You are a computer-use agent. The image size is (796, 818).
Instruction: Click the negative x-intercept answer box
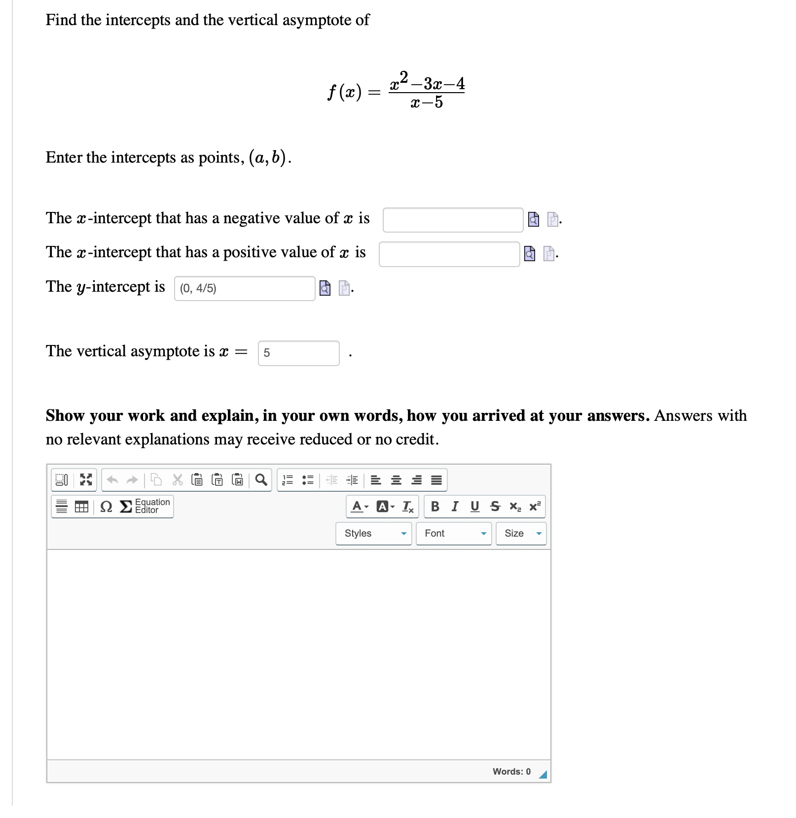(453, 220)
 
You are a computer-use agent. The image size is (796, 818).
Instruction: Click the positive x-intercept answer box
(449, 254)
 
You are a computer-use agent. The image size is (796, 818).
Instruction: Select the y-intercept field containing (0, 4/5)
(244, 288)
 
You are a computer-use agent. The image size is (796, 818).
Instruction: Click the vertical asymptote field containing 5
(298, 353)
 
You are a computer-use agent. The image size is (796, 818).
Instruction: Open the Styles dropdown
(373, 534)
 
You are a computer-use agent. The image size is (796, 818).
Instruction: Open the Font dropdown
(453, 534)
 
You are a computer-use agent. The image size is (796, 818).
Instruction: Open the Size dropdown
(521, 534)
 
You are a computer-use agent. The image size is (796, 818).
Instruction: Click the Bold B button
(435, 507)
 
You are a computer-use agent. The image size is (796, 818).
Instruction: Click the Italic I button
(455, 507)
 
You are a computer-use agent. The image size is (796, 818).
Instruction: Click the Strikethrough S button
(495, 507)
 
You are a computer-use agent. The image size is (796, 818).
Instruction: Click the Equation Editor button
(146, 506)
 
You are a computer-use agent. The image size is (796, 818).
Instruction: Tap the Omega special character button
(106, 507)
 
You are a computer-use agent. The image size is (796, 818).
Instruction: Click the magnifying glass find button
(261, 479)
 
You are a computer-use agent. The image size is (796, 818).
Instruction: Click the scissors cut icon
(177, 479)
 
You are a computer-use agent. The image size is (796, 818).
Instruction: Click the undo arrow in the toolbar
(112, 479)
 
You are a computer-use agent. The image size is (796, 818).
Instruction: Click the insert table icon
(81, 507)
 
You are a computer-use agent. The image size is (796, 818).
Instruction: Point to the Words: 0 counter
(511, 772)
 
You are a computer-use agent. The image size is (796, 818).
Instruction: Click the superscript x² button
(535, 507)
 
